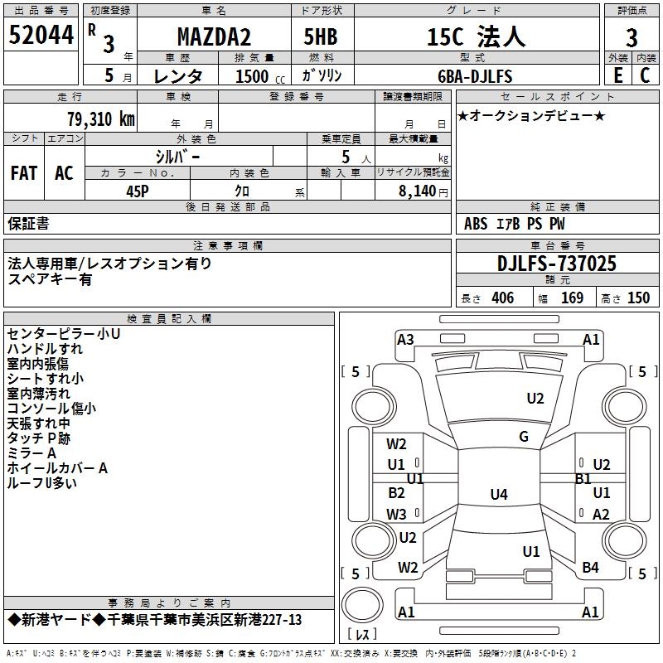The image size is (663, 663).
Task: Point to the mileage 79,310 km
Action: pyautogui.click(x=99, y=119)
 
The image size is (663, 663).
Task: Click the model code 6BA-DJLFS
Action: pyautogui.click(x=475, y=76)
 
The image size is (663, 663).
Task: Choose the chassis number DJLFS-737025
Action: pyautogui.click(x=557, y=264)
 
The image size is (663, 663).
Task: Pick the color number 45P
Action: pyautogui.click(x=138, y=190)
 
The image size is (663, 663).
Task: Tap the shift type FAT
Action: pyautogui.click(x=24, y=172)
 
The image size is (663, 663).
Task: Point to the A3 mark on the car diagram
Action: pyautogui.click(x=405, y=339)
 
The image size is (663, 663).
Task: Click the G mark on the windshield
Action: pyautogui.click(x=523, y=437)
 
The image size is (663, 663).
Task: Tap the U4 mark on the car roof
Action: pyautogui.click(x=498, y=495)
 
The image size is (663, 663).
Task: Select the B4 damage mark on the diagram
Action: pyautogui.click(x=591, y=568)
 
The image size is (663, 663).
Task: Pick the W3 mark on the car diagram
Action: pyautogui.click(x=396, y=515)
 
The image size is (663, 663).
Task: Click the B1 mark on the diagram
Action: pyautogui.click(x=583, y=478)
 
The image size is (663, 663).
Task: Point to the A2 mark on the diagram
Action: pyautogui.click(x=601, y=515)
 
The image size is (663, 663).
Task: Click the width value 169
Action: pyautogui.click(x=572, y=298)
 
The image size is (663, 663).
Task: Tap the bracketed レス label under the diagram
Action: pyautogui.click(x=361, y=636)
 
